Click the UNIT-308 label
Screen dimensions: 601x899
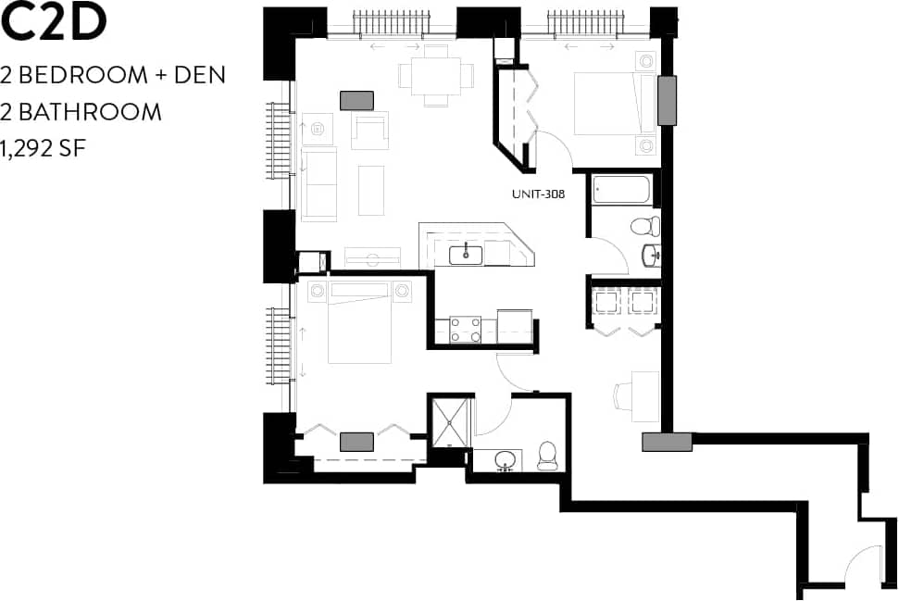coord(538,194)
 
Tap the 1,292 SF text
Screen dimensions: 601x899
coord(44,148)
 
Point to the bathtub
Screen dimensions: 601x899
coord(622,190)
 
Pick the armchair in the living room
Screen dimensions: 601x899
coord(370,131)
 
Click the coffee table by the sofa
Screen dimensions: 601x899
coord(370,190)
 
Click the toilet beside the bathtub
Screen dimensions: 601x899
coord(644,225)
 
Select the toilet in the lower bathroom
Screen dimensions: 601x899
coord(546,454)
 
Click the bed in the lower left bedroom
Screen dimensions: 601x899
coord(359,326)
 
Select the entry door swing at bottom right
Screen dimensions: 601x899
coord(862,565)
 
